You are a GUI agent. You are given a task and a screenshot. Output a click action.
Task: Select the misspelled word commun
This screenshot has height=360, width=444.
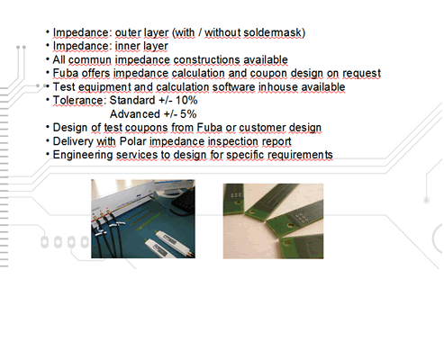coord(90,60)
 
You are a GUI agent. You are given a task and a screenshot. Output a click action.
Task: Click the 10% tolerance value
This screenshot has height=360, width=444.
coord(186,100)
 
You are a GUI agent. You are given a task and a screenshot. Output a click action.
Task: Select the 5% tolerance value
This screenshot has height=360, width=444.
coord(188,114)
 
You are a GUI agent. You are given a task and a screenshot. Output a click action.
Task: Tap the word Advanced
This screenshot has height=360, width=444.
coord(135,114)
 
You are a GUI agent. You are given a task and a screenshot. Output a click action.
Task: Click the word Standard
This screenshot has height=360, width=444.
coord(132,100)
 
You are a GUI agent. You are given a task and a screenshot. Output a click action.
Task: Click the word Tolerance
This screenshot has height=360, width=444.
coord(78,100)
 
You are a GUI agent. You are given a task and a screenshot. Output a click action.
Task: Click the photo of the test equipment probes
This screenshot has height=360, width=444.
coord(143,219)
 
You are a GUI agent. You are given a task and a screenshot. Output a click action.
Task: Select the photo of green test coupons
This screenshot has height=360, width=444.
coord(273,221)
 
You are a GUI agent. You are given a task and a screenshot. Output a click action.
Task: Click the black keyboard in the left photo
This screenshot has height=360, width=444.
coord(184,201)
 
